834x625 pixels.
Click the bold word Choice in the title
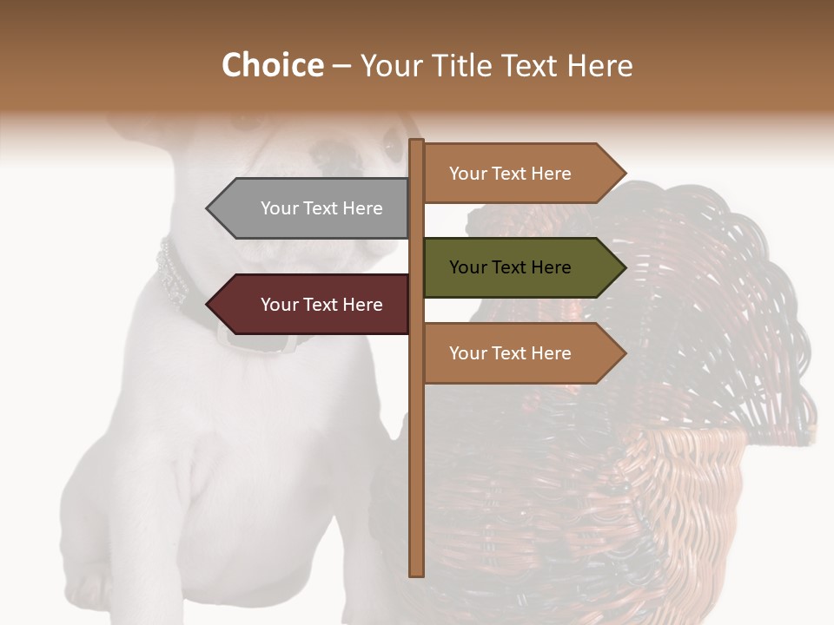tap(272, 66)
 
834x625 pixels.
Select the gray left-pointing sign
tap(313, 208)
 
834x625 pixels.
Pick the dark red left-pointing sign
tap(313, 305)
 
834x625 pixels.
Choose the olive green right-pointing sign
tap(517, 267)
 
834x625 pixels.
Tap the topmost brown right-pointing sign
tap(517, 174)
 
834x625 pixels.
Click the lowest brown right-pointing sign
tap(517, 353)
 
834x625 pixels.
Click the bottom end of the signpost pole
tap(417, 573)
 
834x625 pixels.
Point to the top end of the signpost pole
tap(417, 141)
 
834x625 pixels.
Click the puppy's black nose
tap(339, 155)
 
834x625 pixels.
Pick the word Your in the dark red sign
tap(278, 305)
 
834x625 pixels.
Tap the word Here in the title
tap(599, 66)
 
